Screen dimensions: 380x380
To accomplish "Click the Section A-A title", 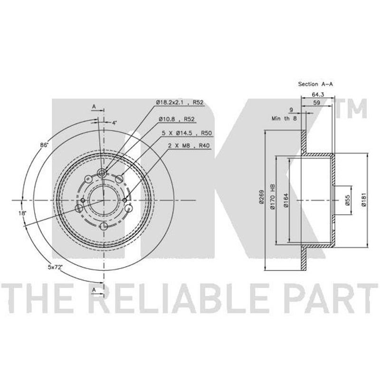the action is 315,84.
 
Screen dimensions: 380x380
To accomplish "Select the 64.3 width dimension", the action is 318,94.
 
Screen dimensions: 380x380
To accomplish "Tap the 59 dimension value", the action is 316,103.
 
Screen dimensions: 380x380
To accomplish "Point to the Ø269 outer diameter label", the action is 261,196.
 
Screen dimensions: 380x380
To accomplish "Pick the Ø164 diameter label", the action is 286,200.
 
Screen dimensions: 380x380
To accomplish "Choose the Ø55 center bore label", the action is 347,200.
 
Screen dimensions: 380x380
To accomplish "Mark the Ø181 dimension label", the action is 363,199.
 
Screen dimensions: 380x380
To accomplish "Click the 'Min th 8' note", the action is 284,118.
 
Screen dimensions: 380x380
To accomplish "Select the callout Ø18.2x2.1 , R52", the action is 180,103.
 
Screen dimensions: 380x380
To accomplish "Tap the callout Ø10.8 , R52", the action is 177,119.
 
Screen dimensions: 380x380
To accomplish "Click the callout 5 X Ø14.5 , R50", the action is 187,133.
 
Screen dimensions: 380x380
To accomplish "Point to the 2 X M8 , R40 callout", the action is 189,146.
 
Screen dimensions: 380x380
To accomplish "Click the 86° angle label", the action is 44,145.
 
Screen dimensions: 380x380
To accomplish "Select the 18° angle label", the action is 22,213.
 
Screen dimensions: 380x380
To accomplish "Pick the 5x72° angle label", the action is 56,267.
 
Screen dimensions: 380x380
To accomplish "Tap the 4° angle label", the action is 114,123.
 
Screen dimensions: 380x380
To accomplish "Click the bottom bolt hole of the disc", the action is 104,227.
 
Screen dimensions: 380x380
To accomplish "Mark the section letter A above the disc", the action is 94,106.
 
